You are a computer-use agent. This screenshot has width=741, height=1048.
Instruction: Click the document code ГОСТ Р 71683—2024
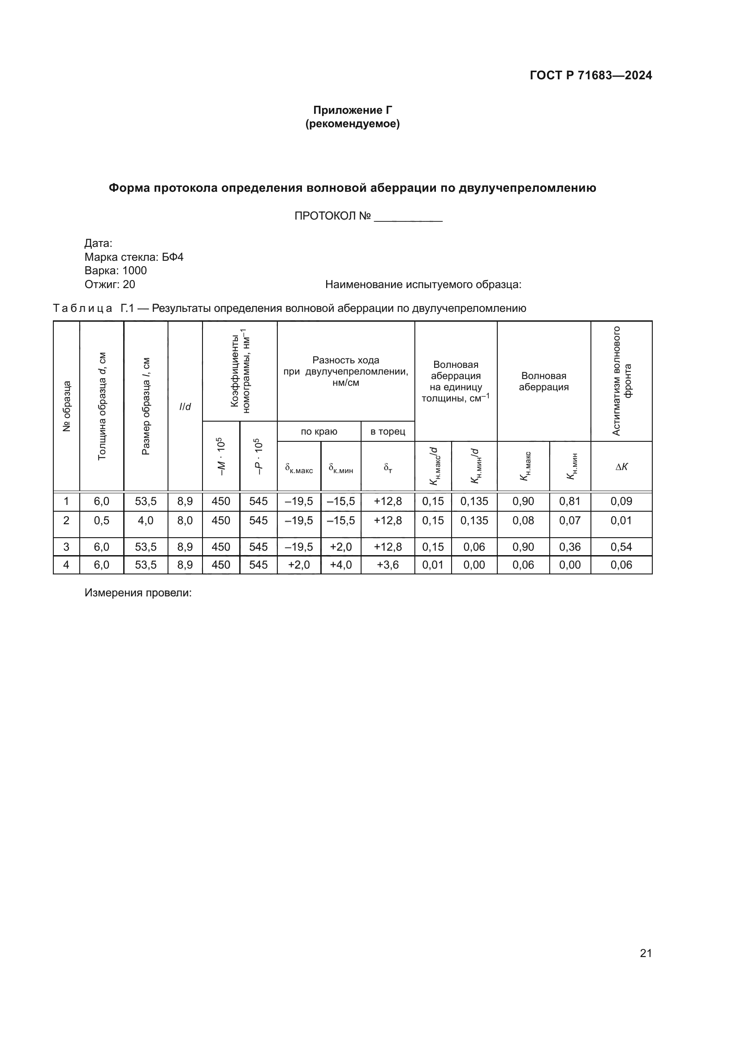590,75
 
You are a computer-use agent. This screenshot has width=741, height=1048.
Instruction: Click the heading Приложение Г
352,110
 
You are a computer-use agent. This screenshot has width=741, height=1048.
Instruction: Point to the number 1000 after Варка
134,271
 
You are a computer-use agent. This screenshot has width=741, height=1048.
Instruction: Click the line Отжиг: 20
110,285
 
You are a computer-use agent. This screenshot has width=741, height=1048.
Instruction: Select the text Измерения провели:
138,593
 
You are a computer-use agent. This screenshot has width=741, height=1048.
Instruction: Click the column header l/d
185,407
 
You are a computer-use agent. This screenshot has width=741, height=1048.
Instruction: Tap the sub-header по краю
319,431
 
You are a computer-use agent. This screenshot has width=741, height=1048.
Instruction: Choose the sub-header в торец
388,431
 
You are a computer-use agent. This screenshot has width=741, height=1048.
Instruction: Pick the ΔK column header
621,466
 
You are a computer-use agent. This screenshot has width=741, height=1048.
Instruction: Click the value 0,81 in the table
570,501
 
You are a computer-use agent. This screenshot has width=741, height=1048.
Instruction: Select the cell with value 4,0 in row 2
146,520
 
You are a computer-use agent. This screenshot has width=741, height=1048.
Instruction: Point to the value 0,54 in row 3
621,547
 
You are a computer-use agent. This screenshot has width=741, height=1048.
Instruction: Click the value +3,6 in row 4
388,565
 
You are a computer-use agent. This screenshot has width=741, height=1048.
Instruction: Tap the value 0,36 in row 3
570,547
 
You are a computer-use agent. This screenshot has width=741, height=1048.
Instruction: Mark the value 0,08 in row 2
523,520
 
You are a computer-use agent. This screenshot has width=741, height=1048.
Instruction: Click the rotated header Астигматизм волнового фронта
621,381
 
